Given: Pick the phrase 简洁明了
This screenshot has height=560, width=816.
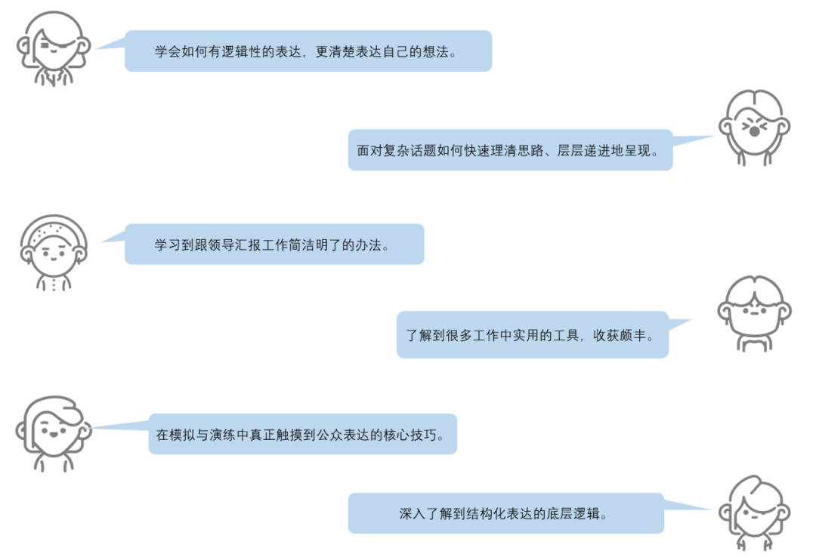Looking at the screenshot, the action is tap(308, 245).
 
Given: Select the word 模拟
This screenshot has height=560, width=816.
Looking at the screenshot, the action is tap(184, 435).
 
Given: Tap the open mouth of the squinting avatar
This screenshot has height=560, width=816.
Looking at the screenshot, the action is tap(754, 130).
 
